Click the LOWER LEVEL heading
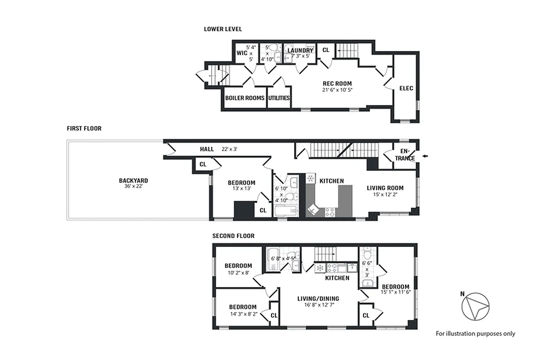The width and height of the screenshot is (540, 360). tap(223, 29)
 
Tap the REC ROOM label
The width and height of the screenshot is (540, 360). tap(337, 83)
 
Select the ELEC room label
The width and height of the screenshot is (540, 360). tap(406, 89)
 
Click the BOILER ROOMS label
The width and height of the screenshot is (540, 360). tap(245, 98)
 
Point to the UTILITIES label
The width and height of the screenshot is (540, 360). tap(279, 98)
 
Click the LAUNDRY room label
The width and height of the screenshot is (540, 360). tap(300, 50)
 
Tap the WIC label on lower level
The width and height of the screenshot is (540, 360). tap(242, 53)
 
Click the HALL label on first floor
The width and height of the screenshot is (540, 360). tap(207, 149)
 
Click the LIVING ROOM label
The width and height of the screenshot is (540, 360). tap(385, 188)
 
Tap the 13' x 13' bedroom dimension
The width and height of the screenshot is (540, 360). tap(241, 189)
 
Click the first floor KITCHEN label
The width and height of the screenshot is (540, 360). tap(331, 181)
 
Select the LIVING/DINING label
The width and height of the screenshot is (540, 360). tap(318, 298)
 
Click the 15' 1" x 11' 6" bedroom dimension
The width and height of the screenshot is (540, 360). tap(396, 292)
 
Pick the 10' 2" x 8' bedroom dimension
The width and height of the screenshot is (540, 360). tap(238, 272)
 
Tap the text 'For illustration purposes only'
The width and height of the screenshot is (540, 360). tap(475, 334)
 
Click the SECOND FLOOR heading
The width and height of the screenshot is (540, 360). tap(233, 236)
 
